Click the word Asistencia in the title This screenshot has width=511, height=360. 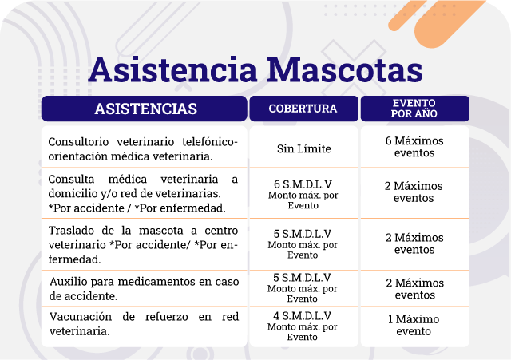pos(172,69)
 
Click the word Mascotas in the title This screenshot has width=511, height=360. pos(345,69)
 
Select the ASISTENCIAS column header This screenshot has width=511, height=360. pos(145,109)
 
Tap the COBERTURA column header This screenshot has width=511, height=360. pos(303,109)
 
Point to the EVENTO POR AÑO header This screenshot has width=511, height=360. pos(414,109)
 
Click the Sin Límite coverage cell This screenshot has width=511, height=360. pos(303,148)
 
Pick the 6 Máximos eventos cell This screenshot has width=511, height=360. pos(414,147)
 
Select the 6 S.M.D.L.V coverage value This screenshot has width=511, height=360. pos(303,184)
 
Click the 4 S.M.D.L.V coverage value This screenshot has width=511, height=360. pos(302,315)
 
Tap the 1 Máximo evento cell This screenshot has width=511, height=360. pos(414,325)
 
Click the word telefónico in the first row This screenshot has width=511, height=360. pos(208,142)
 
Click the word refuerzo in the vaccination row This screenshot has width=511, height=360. pos(167,316)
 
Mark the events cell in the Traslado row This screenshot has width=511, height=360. pos(414,243)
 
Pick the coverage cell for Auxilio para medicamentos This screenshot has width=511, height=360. pos(302,287)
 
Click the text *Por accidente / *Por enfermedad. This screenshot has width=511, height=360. pos(137,208)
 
